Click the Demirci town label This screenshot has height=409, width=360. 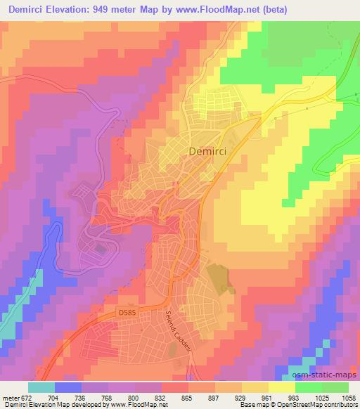click(x=207, y=150)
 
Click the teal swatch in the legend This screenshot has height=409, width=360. click(x=41, y=387)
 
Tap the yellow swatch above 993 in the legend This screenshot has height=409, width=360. click(x=282, y=387)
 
